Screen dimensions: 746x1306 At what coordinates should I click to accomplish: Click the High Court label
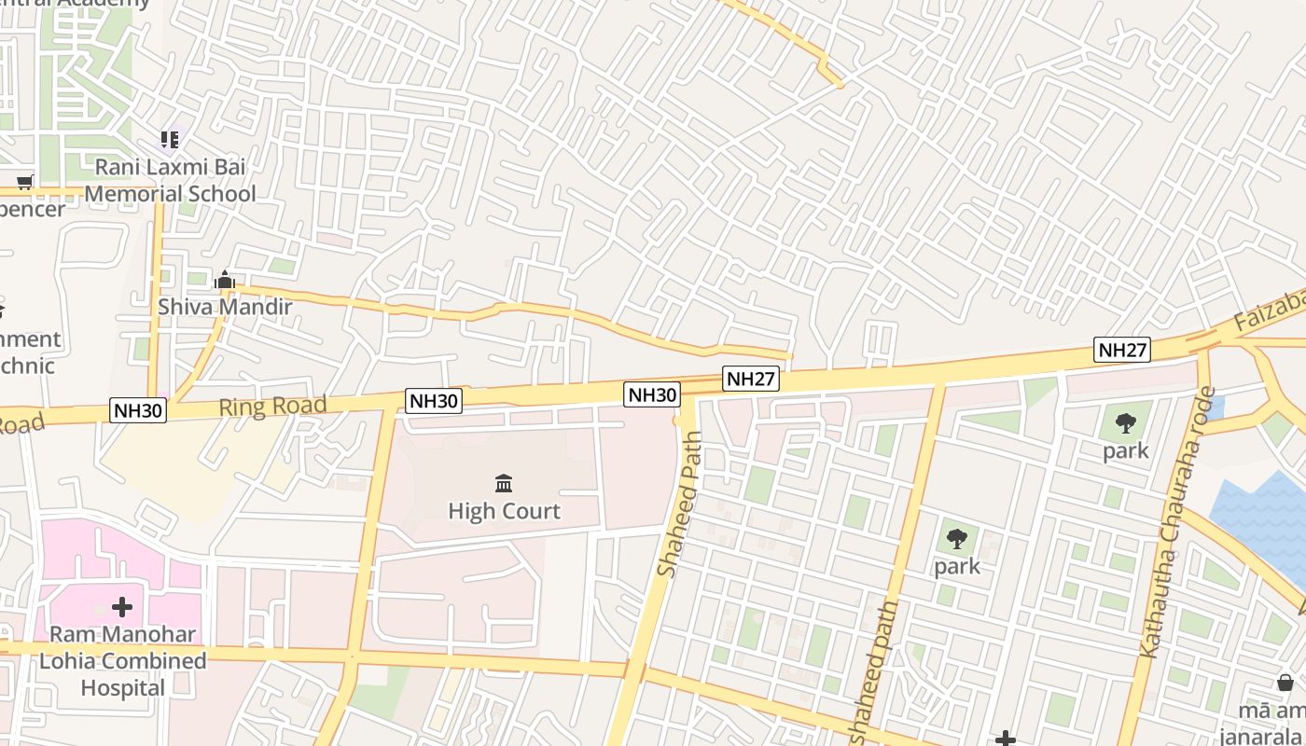(504, 511)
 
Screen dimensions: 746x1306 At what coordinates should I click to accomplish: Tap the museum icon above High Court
(504, 483)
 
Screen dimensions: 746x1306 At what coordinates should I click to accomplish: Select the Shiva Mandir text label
(225, 307)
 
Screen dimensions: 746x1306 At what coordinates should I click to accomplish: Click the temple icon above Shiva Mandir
(224, 280)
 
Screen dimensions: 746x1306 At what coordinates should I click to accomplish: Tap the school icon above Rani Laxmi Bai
(169, 140)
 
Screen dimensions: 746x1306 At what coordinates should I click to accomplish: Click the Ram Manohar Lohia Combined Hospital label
(122, 661)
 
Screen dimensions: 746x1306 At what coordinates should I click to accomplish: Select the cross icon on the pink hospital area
(122, 608)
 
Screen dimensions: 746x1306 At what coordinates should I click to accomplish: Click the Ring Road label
(272, 406)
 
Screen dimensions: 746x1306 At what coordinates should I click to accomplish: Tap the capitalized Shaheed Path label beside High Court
(680, 504)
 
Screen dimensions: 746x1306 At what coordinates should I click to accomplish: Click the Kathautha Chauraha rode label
(1178, 522)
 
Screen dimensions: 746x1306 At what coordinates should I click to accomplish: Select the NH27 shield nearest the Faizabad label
(1122, 351)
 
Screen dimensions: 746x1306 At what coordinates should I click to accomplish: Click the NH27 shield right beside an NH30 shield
(751, 379)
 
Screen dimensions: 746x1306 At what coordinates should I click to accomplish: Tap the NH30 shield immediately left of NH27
(652, 394)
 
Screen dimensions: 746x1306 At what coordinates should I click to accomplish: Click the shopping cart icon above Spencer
(25, 182)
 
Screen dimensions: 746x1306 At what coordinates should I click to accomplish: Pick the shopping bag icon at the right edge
(1285, 683)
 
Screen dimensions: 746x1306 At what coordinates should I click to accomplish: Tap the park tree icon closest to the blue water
(1126, 423)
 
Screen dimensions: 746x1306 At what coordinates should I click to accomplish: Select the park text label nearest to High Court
(957, 566)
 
